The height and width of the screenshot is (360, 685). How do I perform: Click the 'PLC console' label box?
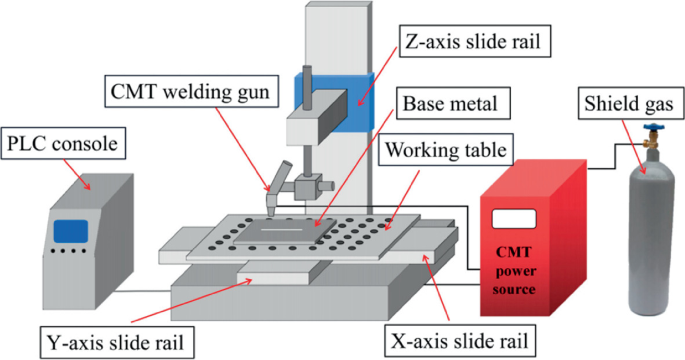click(66, 146)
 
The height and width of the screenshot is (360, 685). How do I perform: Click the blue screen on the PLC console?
click(69, 230)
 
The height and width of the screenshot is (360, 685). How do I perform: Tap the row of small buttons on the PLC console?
click(69, 254)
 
